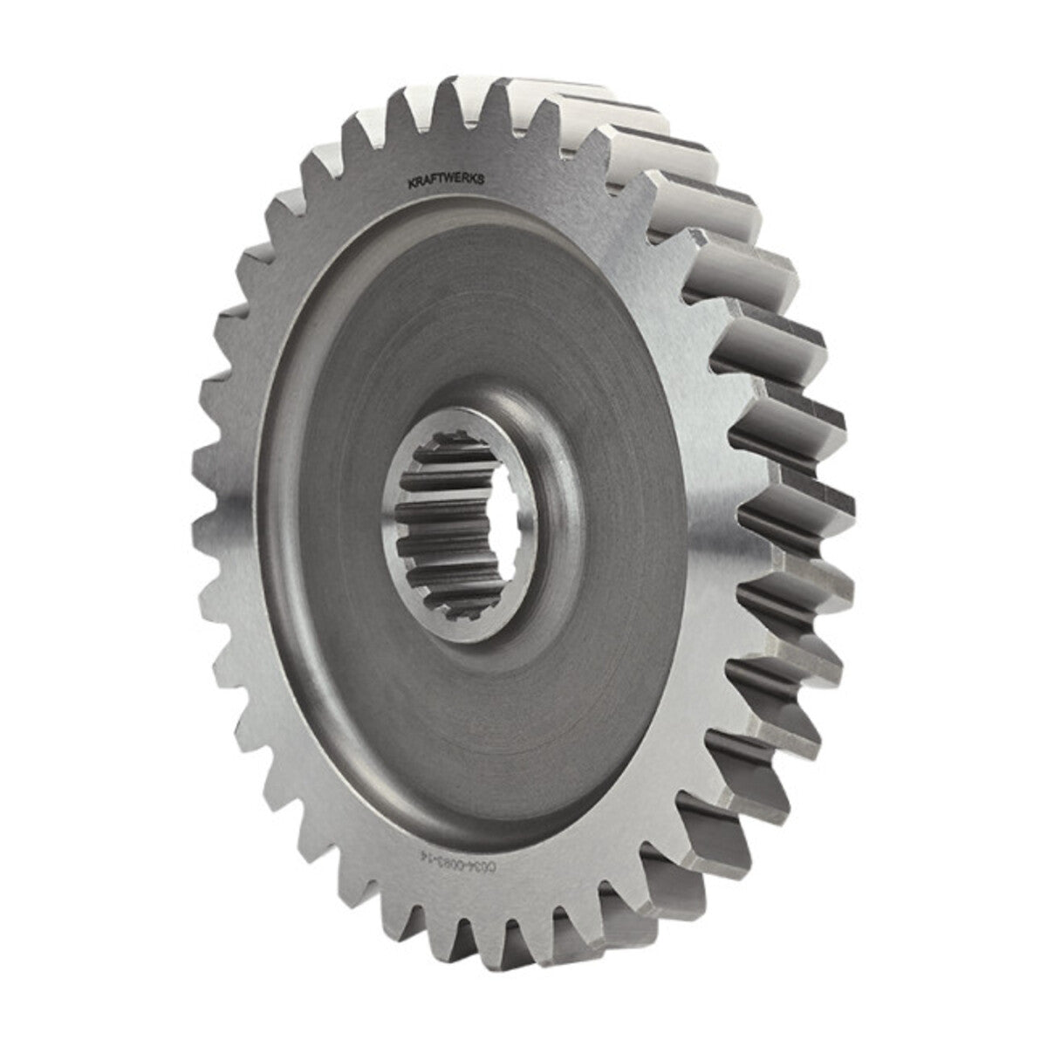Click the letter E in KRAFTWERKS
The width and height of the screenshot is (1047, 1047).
[466, 181]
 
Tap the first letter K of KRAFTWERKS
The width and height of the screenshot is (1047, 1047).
[412, 181]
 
